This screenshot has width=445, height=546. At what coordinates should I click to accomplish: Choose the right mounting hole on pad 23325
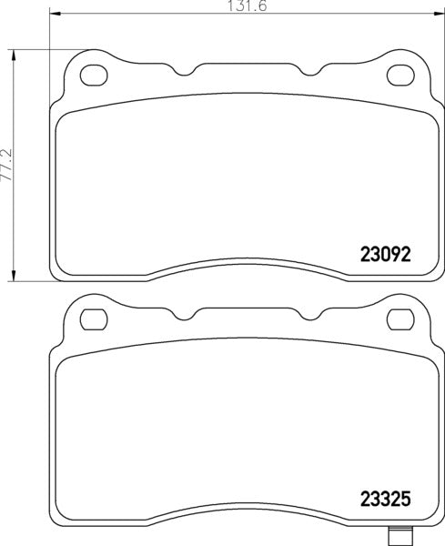click(397, 318)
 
